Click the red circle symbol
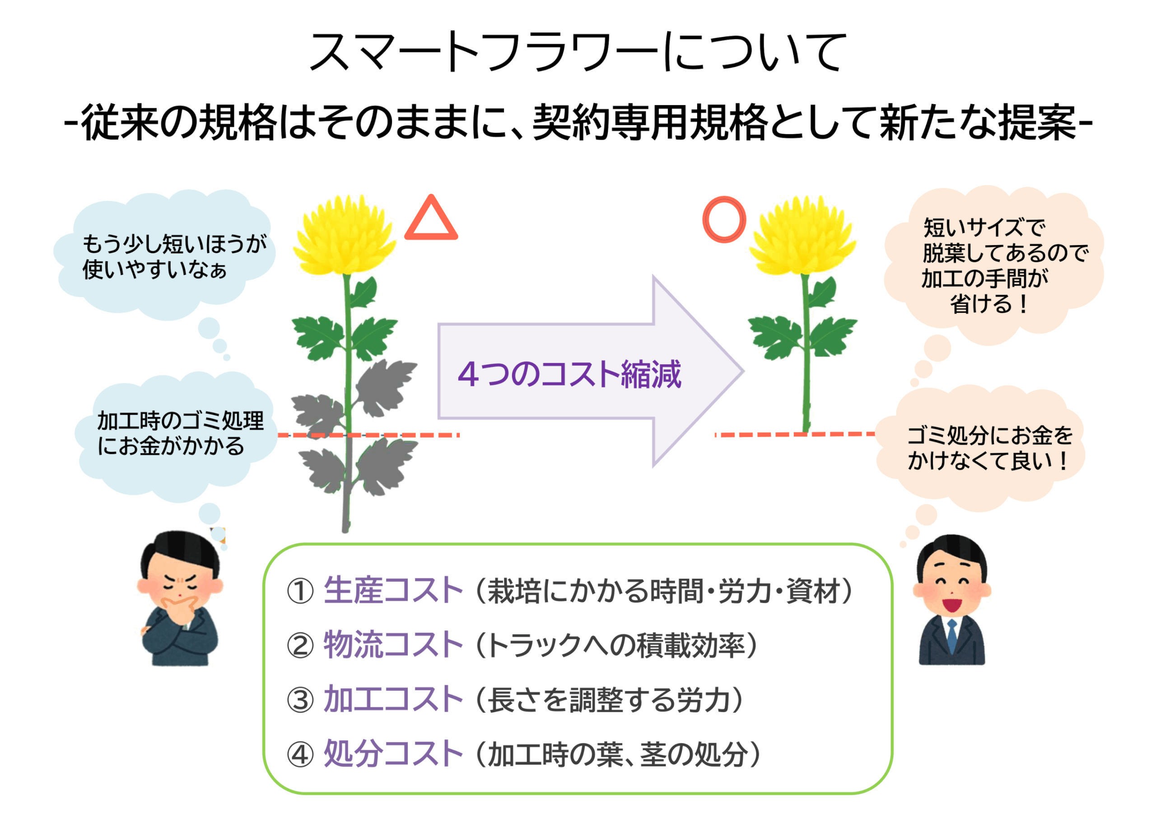724,219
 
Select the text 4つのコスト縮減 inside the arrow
569,375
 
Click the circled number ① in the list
300,591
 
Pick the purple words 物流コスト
393,645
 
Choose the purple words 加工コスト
393,699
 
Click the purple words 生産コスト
393,590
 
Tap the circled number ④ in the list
300,755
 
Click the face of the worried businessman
180,584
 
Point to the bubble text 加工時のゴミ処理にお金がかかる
180,433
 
